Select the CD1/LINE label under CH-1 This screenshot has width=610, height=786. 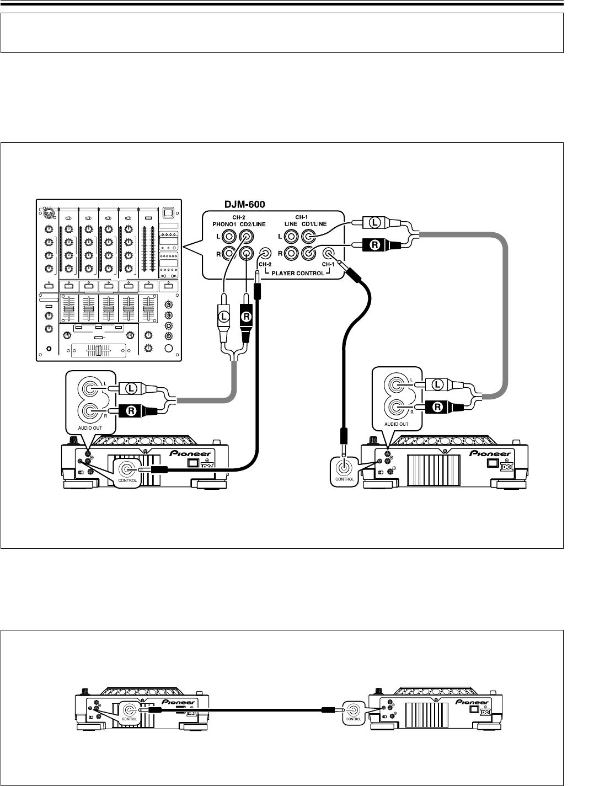pos(316,224)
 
